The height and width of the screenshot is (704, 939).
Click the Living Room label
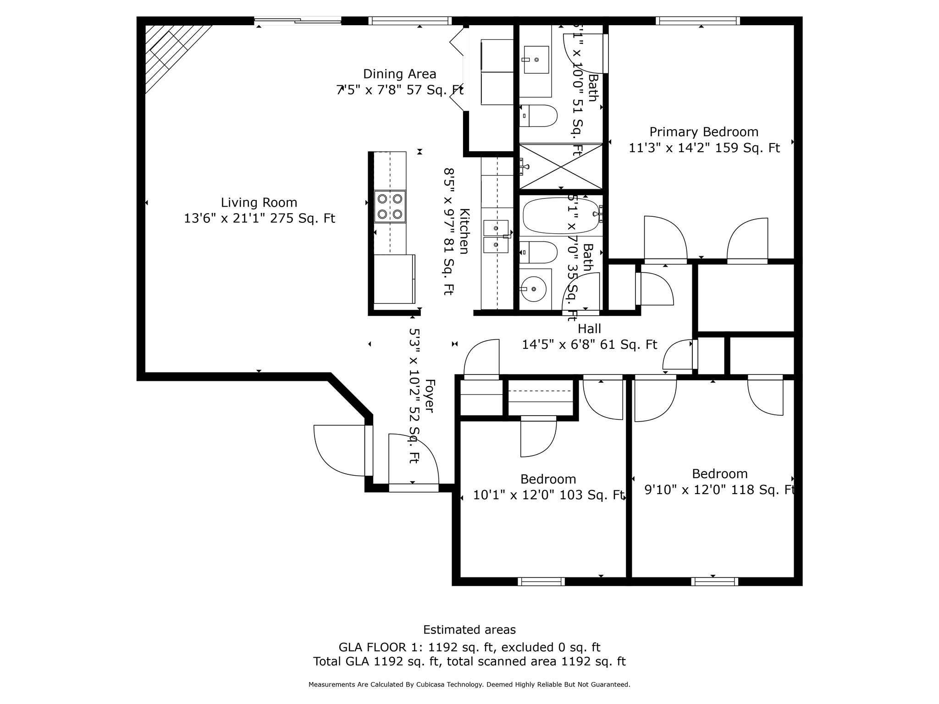click(259, 202)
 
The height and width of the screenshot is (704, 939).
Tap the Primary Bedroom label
click(704, 132)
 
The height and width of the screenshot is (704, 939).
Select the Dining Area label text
click(399, 74)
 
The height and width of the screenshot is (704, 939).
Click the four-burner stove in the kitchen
click(390, 206)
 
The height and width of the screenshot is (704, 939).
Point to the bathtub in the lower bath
click(561, 215)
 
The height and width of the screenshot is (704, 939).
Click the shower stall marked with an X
click(561, 166)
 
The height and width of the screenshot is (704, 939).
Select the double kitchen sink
click(496, 236)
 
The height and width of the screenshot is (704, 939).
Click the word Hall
click(589, 329)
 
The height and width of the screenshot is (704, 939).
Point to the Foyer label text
click(429, 396)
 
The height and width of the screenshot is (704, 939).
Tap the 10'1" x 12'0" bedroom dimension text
click(549, 495)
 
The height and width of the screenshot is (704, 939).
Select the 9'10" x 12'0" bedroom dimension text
click(719, 489)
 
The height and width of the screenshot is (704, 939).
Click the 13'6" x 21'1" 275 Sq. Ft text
click(259, 218)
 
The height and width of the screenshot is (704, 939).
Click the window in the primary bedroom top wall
click(697, 21)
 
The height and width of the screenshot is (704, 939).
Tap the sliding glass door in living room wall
click(298, 20)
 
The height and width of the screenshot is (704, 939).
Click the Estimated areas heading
click(469, 630)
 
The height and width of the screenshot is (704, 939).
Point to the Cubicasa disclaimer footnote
click(469, 684)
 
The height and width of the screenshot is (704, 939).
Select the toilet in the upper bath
click(539, 115)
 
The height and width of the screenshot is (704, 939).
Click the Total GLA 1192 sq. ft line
click(469, 661)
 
